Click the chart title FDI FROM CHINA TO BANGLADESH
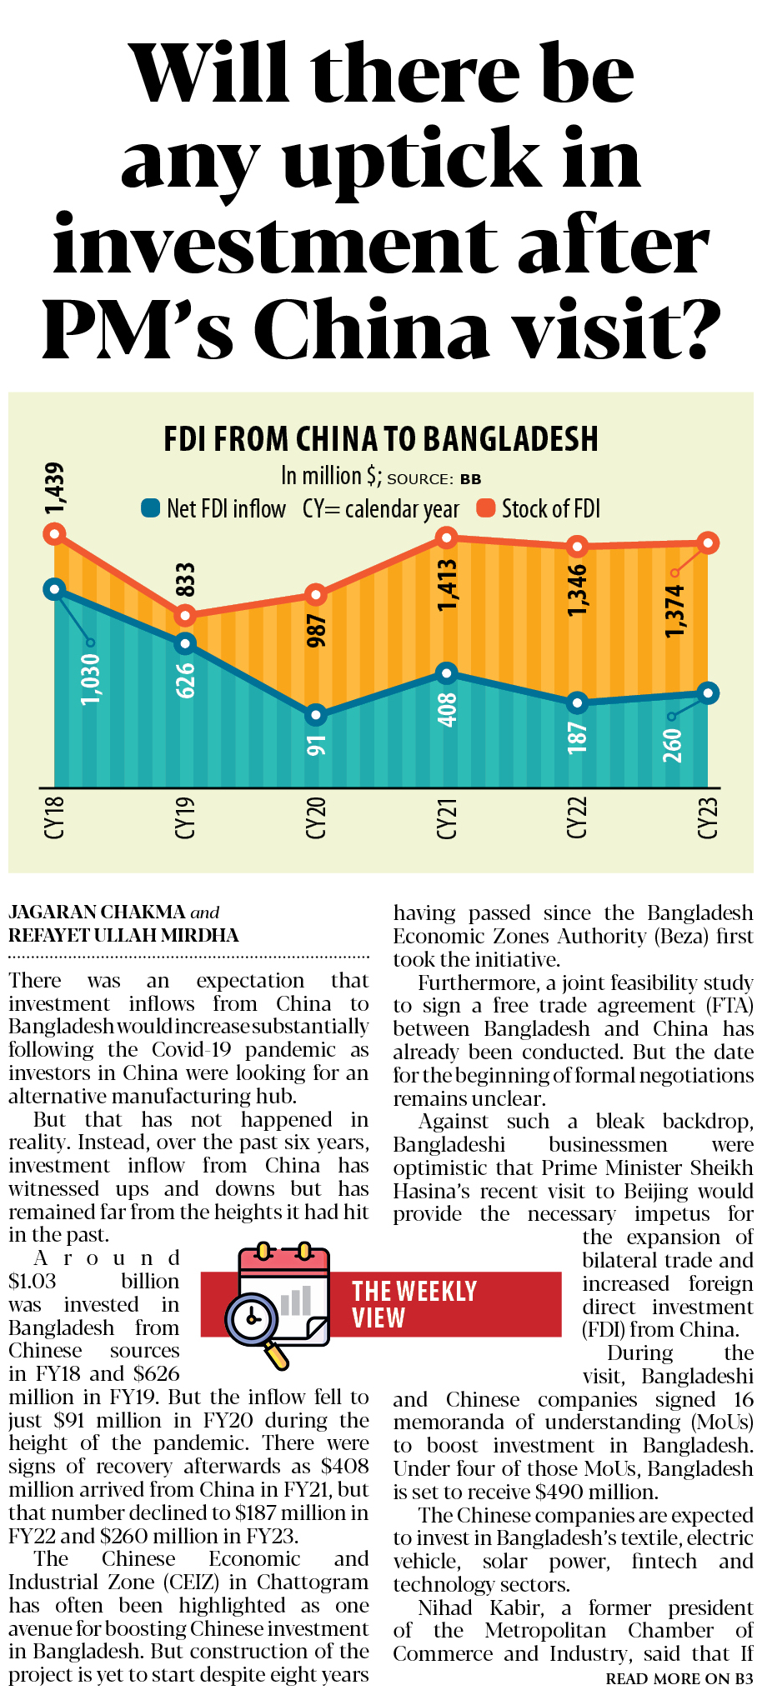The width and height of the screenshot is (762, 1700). point(381,439)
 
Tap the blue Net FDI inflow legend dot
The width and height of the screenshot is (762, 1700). point(150,507)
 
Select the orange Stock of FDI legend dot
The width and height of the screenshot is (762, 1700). point(485,507)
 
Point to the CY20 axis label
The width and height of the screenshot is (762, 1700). point(316,817)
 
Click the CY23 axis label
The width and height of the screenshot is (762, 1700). point(708,817)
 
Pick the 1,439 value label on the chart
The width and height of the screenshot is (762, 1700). point(54,489)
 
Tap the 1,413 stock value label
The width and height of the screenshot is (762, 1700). point(448,585)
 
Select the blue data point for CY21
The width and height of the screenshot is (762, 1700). point(447,673)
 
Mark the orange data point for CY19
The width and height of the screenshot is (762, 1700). point(185,616)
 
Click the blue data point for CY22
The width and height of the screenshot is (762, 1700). point(577,702)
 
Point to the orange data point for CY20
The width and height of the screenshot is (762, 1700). point(315,594)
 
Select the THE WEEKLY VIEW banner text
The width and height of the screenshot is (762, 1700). point(414,1304)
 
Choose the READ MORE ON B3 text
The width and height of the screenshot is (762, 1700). point(679,1679)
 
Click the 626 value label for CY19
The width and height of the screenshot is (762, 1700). point(185,680)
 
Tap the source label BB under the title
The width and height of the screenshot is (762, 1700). point(470,479)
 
